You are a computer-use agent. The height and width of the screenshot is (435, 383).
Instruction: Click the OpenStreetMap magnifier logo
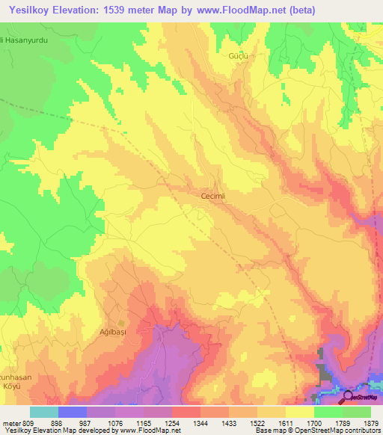pos(349,396)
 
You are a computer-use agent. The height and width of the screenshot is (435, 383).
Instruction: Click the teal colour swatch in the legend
pos(43,411)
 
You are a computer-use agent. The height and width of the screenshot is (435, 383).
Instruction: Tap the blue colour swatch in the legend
pos(72,411)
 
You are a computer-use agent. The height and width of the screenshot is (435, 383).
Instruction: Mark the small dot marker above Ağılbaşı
pos(121,322)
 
